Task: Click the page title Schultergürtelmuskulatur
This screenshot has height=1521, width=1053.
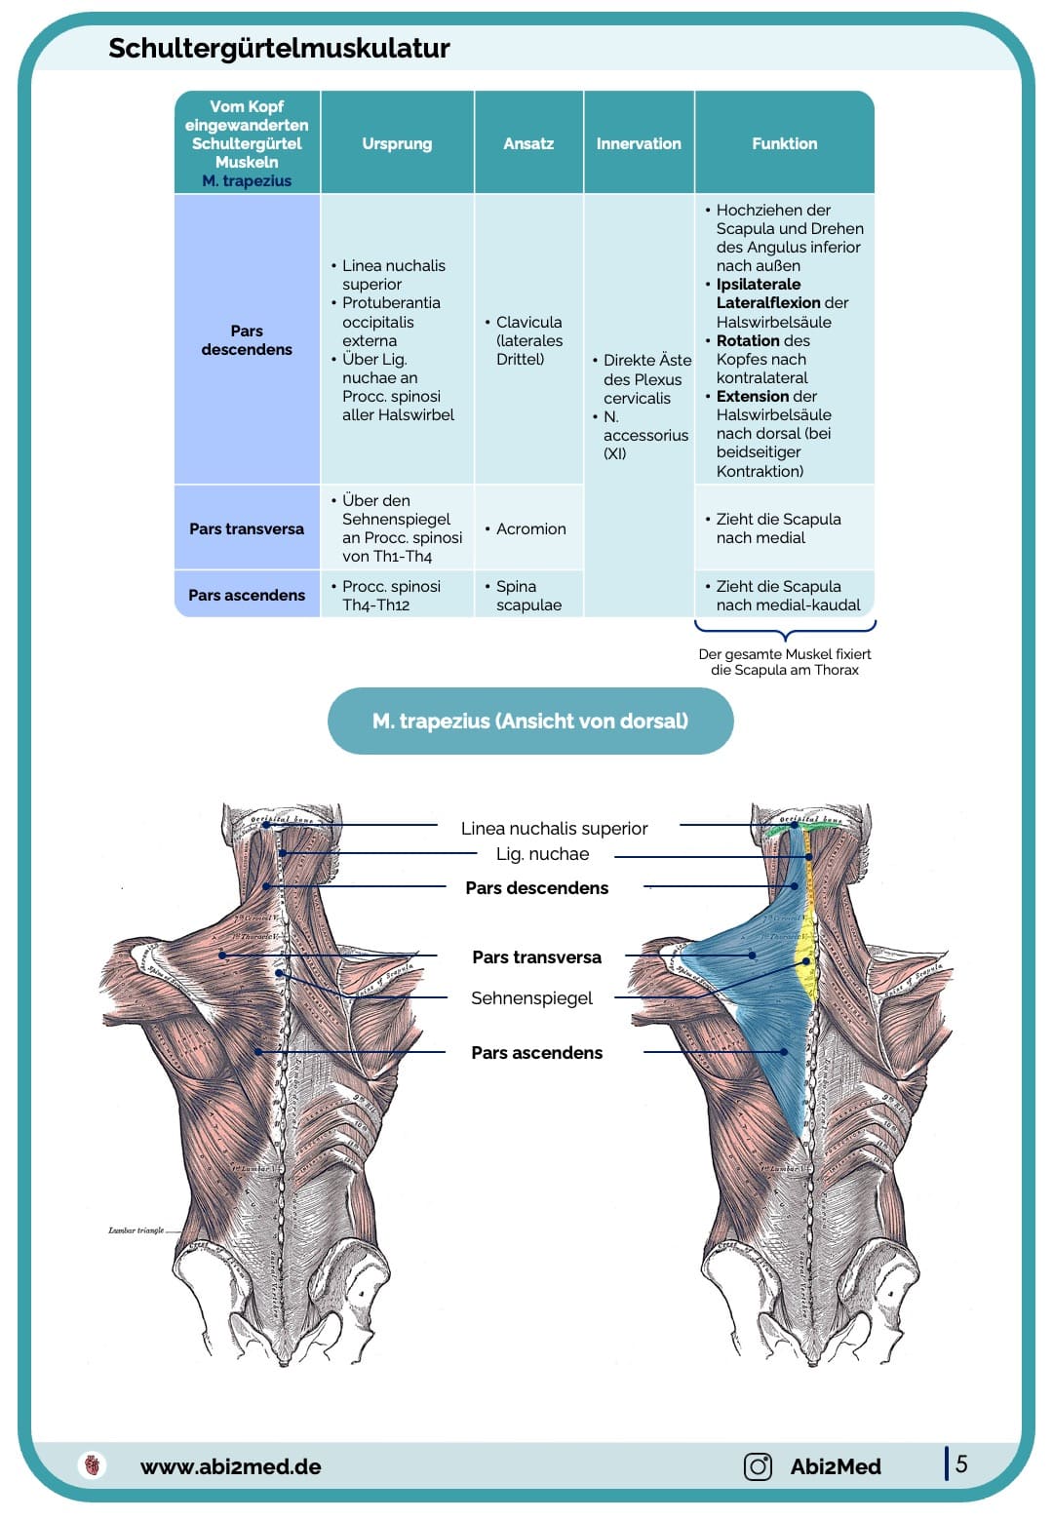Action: point(279,48)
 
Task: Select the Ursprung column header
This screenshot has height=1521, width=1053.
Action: point(397,143)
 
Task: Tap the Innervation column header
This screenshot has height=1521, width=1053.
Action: point(639,143)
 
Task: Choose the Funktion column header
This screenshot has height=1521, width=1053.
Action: point(784,143)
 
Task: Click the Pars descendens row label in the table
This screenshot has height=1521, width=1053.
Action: point(247,340)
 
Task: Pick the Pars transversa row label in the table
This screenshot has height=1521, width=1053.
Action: point(247,528)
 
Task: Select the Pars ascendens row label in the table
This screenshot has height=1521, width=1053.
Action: point(247,595)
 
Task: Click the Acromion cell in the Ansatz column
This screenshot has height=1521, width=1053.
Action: point(530,528)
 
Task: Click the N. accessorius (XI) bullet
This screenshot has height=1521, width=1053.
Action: point(644,435)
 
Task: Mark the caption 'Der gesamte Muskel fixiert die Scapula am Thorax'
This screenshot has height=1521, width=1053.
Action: point(784,662)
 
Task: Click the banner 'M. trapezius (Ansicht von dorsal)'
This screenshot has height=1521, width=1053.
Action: point(530,721)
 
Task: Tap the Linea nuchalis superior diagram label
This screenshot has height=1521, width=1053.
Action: point(554,828)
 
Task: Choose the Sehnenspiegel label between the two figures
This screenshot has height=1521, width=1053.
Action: point(531,997)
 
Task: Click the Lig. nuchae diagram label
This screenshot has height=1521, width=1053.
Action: point(542,854)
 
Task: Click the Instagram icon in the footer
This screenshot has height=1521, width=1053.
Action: point(758,1465)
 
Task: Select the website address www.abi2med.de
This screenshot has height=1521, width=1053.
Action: point(230,1466)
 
